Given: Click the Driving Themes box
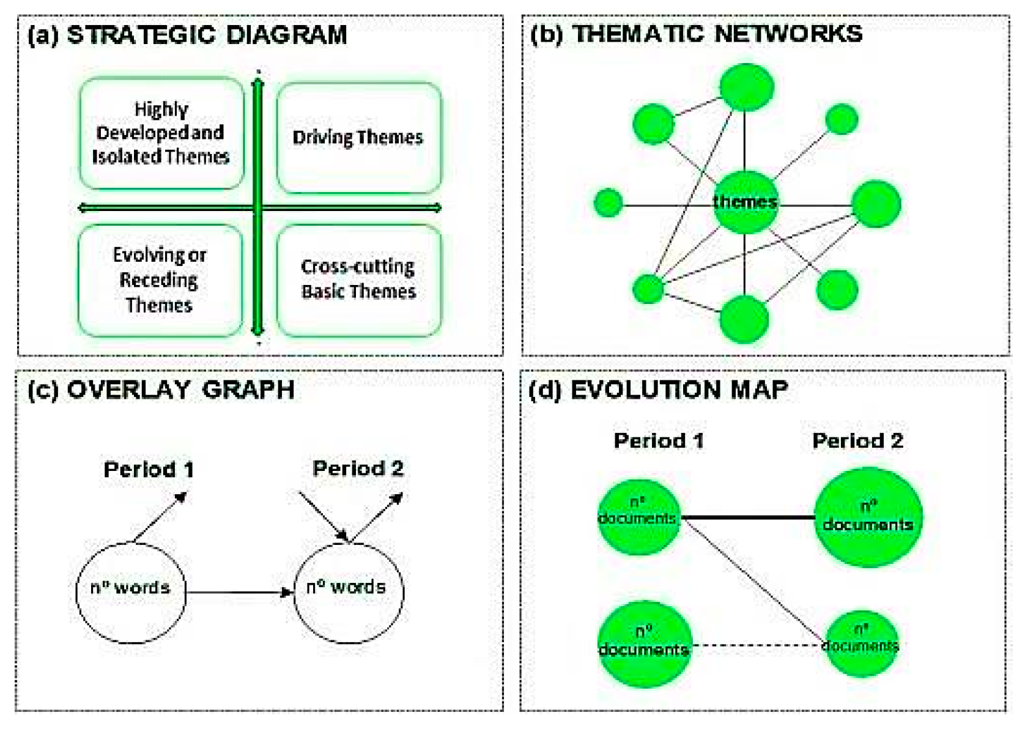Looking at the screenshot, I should click(358, 138).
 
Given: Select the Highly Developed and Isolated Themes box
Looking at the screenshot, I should click(161, 133).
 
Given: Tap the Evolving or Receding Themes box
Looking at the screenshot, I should click(160, 280).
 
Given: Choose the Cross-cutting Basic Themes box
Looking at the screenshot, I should click(358, 280).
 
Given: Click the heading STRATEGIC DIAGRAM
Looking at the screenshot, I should click(206, 35).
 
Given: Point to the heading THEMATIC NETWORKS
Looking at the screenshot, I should click(717, 34).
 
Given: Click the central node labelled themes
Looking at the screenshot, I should click(744, 202).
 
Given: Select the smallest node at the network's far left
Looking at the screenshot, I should click(608, 202).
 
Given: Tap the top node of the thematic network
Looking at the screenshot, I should click(746, 87).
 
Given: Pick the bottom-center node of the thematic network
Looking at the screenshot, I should click(744, 319).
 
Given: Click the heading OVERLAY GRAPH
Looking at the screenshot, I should click(180, 390).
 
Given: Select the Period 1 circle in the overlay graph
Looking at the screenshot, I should click(130, 591).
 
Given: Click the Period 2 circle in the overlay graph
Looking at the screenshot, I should click(349, 591).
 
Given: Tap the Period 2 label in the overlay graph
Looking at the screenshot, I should click(358, 468).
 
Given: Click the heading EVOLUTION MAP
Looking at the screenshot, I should click(679, 390).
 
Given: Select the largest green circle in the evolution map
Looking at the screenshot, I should click(868, 517).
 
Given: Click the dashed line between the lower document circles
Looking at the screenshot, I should click(758, 645).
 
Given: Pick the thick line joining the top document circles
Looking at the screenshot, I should click(747, 517).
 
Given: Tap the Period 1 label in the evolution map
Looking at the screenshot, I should click(659, 440).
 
